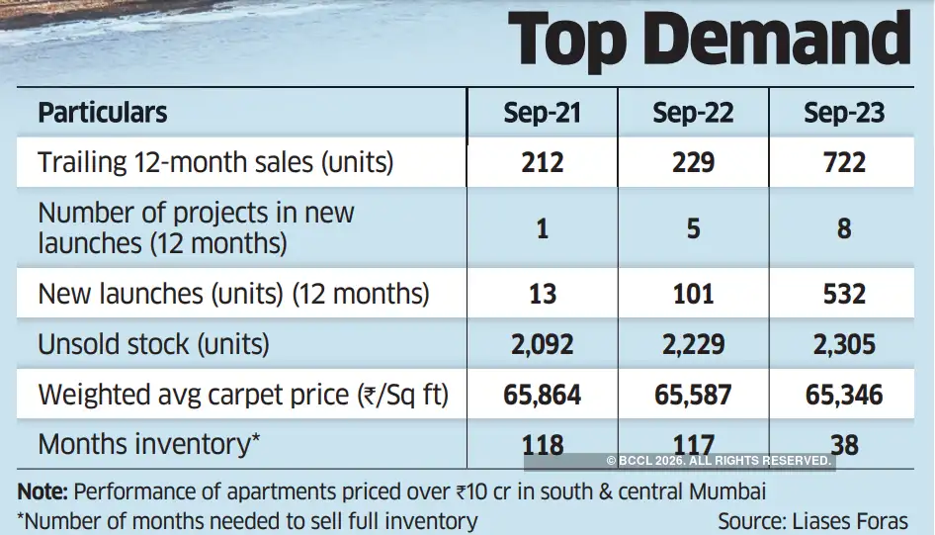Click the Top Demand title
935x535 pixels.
pos(709,42)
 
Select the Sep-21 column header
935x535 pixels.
pos(542,113)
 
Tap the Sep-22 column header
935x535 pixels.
pos(693,113)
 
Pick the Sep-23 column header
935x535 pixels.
pos(843,113)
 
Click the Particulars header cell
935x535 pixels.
pos(103,113)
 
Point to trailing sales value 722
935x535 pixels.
pos(843,162)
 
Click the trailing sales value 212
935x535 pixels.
pos(543,162)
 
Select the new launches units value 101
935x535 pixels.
pos(693,294)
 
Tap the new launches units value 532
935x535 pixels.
pos(843,294)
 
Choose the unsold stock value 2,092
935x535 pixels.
pos(543,344)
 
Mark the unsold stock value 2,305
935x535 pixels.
pos(843,344)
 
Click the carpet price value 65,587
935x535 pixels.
pos(693,396)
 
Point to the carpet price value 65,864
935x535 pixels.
pos(543,396)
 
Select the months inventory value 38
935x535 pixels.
pos(843,445)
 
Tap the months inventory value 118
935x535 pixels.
pos(543,445)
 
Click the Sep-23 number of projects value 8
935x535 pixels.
pos(843,228)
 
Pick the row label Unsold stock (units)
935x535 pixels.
pos(153,344)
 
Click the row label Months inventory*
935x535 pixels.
pos(149,444)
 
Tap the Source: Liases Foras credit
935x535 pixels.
pos(811,520)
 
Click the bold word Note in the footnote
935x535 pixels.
pos(42,491)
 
